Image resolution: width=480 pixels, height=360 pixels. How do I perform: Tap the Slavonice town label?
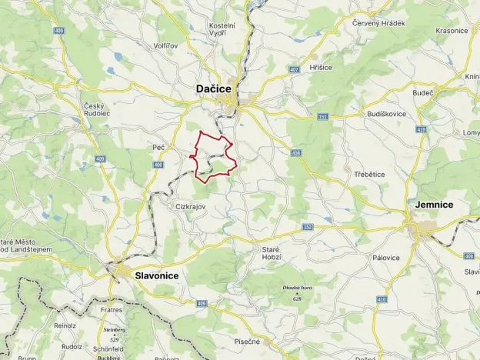(156, 275)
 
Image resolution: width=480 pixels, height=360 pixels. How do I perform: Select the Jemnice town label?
(433, 205)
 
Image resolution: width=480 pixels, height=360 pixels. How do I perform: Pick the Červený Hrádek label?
(378, 23)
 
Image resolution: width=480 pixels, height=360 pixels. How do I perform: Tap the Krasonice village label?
(452, 31)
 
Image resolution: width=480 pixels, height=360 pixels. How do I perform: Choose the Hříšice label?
(321, 68)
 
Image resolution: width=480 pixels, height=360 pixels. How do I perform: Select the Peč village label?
(159, 147)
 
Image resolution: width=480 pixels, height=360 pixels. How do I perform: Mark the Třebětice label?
(369, 175)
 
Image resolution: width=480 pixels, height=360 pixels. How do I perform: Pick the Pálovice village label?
(385, 258)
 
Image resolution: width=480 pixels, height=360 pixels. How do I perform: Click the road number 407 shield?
(294, 68)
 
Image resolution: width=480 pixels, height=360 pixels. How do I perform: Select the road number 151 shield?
(323, 116)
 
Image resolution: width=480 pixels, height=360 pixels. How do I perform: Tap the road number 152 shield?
(308, 227)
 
